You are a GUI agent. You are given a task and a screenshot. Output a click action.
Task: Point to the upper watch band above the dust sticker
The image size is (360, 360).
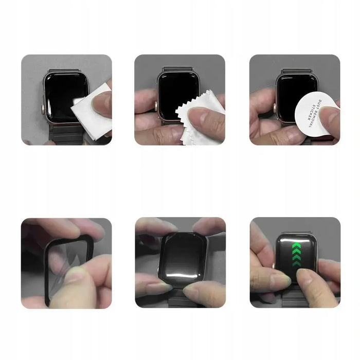(296, 65)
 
